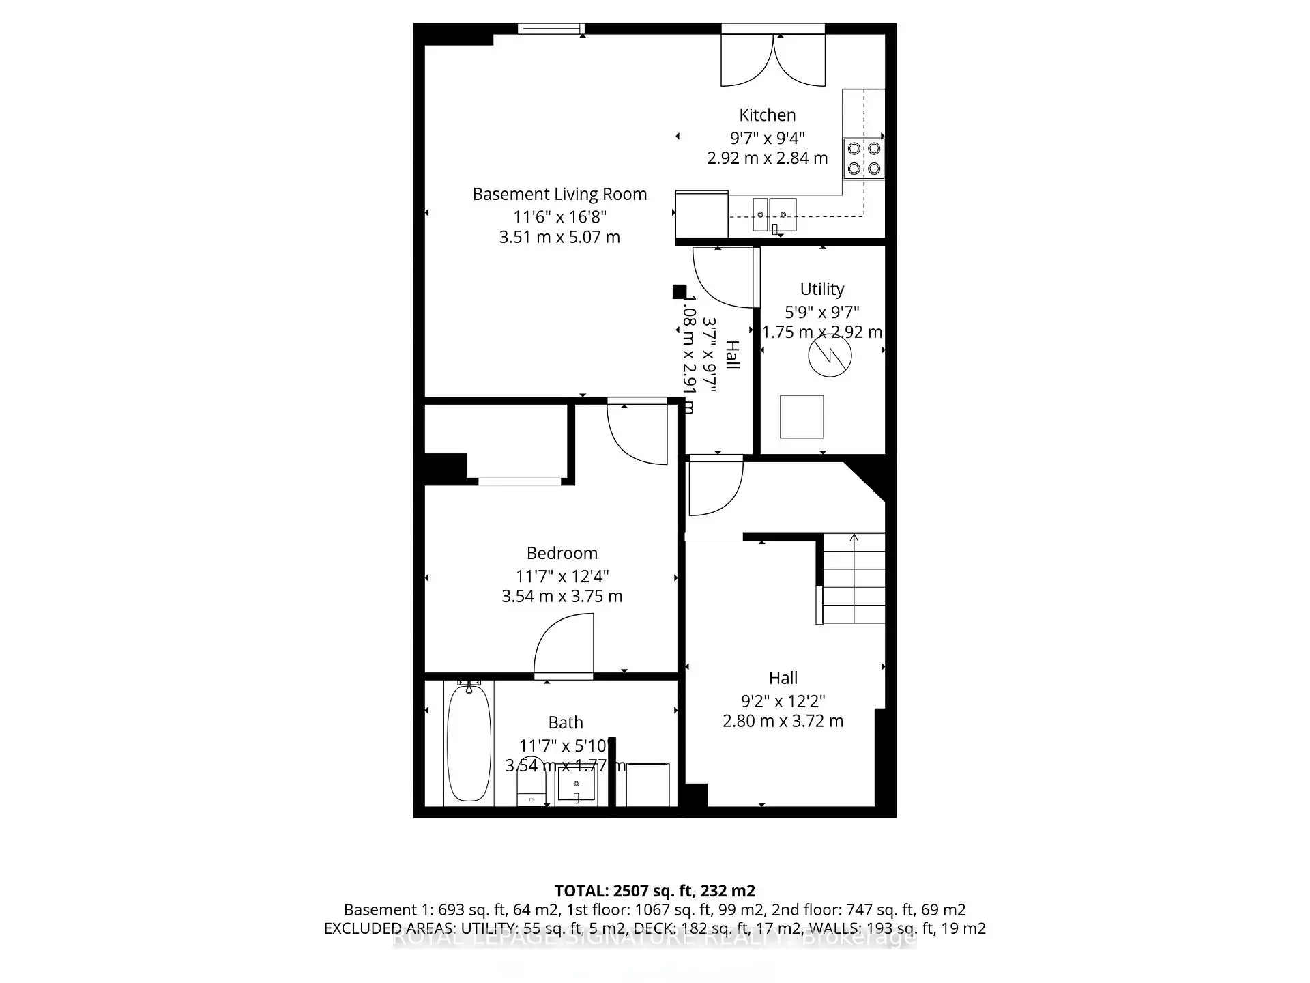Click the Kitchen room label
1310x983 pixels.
[x=767, y=115]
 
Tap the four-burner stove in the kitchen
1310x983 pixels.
[x=863, y=158]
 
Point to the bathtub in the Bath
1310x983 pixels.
[x=469, y=744]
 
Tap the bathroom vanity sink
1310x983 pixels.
[x=577, y=784]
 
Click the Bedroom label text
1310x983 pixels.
[x=562, y=553]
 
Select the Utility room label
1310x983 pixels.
[x=821, y=289]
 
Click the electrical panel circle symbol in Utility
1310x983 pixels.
[x=830, y=355]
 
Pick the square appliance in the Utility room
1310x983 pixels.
[x=802, y=416]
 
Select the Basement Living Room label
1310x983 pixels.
[x=559, y=195]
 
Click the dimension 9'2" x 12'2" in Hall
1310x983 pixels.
[x=783, y=701]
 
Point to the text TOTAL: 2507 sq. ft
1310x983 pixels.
[x=654, y=891]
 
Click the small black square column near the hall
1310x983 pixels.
[x=679, y=291]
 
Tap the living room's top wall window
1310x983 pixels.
[x=551, y=29]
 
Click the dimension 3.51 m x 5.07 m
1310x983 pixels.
[x=559, y=238]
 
